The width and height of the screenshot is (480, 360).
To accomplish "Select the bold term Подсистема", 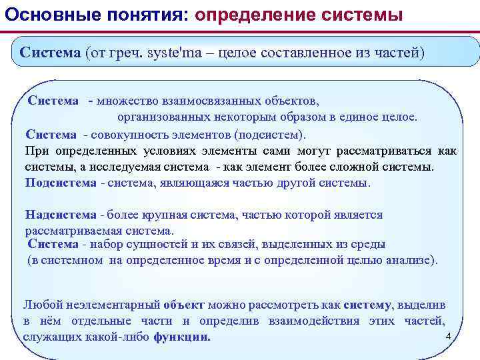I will (61, 182).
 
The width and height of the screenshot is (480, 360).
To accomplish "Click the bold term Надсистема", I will (60, 214).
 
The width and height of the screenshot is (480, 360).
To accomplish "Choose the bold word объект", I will (183, 305).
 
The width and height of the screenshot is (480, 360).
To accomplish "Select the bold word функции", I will (181, 337).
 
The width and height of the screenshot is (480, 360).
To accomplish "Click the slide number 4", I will (448, 335).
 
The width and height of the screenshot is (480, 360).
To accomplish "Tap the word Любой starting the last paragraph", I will (39, 305).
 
